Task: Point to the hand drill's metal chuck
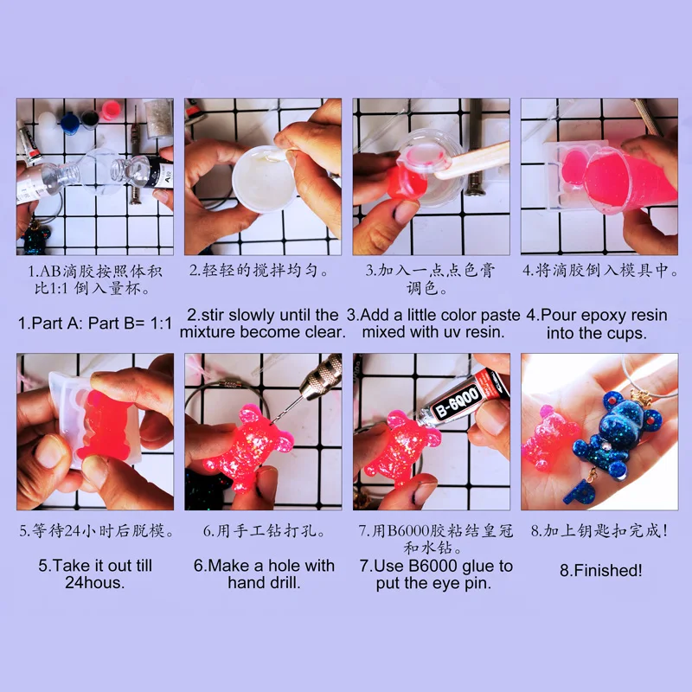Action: tap(320, 375)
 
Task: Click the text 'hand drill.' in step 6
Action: tap(264, 582)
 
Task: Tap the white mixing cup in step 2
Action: tap(264, 179)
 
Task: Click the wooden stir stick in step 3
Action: tap(472, 160)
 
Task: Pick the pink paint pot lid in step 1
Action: tap(111, 110)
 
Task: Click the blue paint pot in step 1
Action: tap(70, 123)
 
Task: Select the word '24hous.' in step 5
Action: tap(95, 582)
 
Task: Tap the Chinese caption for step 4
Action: tap(600, 270)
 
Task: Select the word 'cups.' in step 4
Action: tap(626, 333)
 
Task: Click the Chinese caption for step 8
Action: tap(599, 530)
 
